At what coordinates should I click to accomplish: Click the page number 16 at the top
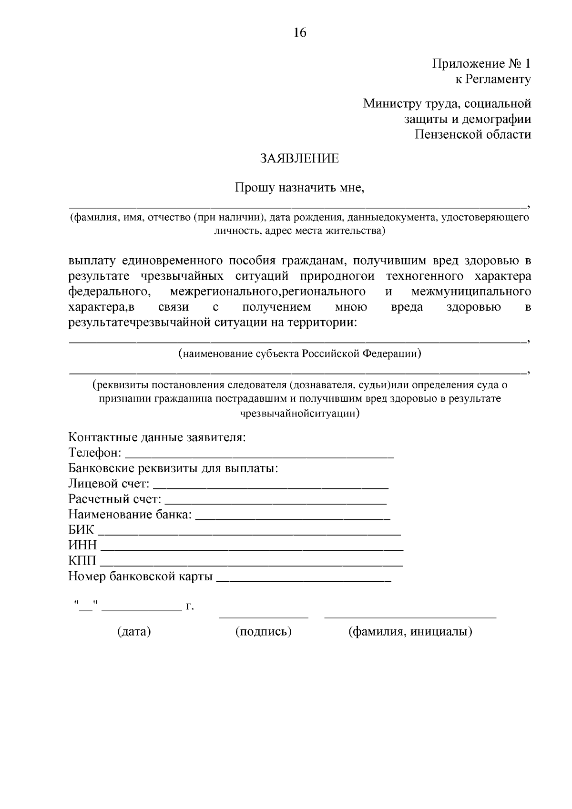(x=300, y=32)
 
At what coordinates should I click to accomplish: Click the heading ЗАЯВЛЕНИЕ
(x=299, y=159)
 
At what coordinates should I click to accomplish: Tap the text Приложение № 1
(x=481, y=64)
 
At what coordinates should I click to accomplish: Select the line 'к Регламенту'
(x=492, y=80)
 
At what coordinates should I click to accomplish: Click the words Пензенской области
(x=472, y=135)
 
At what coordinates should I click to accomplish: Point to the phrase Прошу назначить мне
(x=299, y=188)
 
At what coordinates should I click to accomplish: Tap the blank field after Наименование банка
(x=293, y=517)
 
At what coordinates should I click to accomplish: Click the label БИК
(x=82, y=530)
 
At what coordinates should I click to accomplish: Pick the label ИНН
(x=82, y=546)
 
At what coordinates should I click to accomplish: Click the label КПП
(x=82, y=561)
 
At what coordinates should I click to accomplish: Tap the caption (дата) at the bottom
(x=134, y=632)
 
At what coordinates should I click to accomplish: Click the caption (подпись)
(x=263, y=632)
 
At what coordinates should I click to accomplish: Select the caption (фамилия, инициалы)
(x=410, y=632)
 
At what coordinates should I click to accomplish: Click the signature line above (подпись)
(x=264, y=617)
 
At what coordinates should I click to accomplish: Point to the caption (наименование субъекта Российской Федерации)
(x=300, y=354)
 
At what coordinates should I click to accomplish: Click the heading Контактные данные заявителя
(x=157, y=437)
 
